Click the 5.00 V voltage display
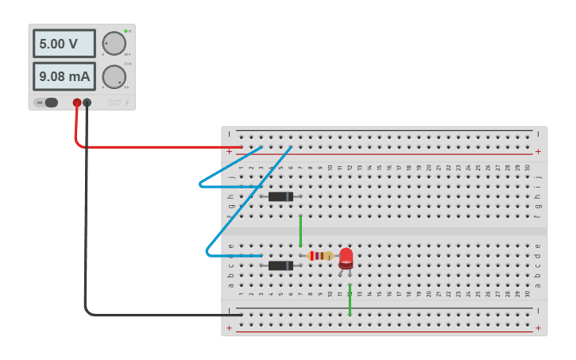coord(64,44)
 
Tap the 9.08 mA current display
coord(64,76)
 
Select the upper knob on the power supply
coord(114,43)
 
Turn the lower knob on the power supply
coord(114,76)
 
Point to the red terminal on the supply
coord(77,103)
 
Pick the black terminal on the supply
coord(87,103)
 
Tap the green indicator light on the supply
coord(126,31)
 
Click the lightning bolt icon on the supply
coord(126,103)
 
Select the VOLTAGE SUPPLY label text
coord(114,103)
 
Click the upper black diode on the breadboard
coord(280,196)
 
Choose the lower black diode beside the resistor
coord(280,265)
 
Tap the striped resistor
coord(320,256)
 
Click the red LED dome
coord(346,257)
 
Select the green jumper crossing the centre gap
coord(300,230)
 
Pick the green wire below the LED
coord(350,300)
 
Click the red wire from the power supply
coord(151,147)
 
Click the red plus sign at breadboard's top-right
coord(538,151)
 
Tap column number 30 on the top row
coord(528,167)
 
